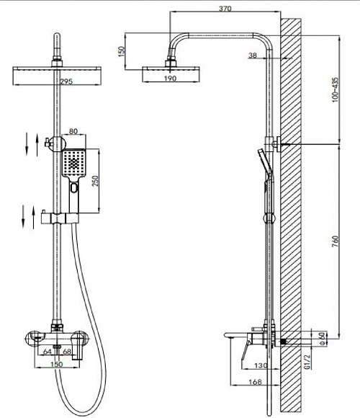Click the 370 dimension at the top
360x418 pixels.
[x=225, y=8]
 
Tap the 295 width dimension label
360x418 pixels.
[x=66, y=81]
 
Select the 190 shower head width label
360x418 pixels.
[x=170, y=78]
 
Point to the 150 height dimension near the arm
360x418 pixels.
[x=122, y=51]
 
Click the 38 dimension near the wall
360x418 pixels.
[x=253, y=55]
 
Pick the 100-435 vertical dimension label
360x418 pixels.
[x=335, y=89]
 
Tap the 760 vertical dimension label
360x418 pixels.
[x=335, y=241]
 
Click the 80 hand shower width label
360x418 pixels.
[x=73, y=131]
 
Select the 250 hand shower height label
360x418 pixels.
[x=95, y=181]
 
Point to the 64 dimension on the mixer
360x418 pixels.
[x=47, y=352]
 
